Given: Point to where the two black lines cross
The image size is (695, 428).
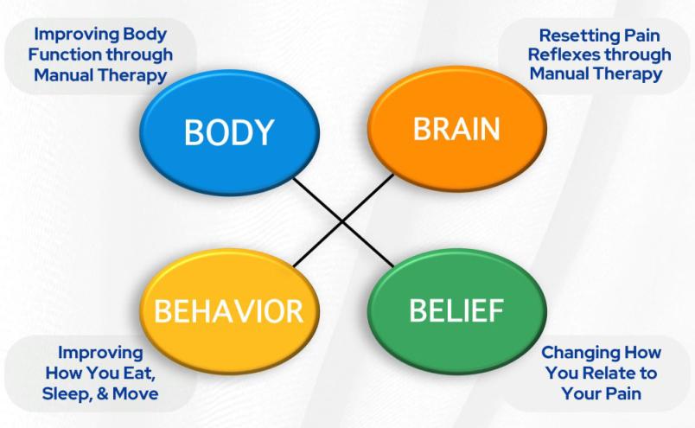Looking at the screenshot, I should (344, 220).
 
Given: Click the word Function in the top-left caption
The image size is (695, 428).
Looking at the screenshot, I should (67, 54).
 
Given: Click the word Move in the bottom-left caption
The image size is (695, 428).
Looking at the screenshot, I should (136, 393).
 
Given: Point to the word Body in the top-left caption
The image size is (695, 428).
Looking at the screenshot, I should (144, 35).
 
